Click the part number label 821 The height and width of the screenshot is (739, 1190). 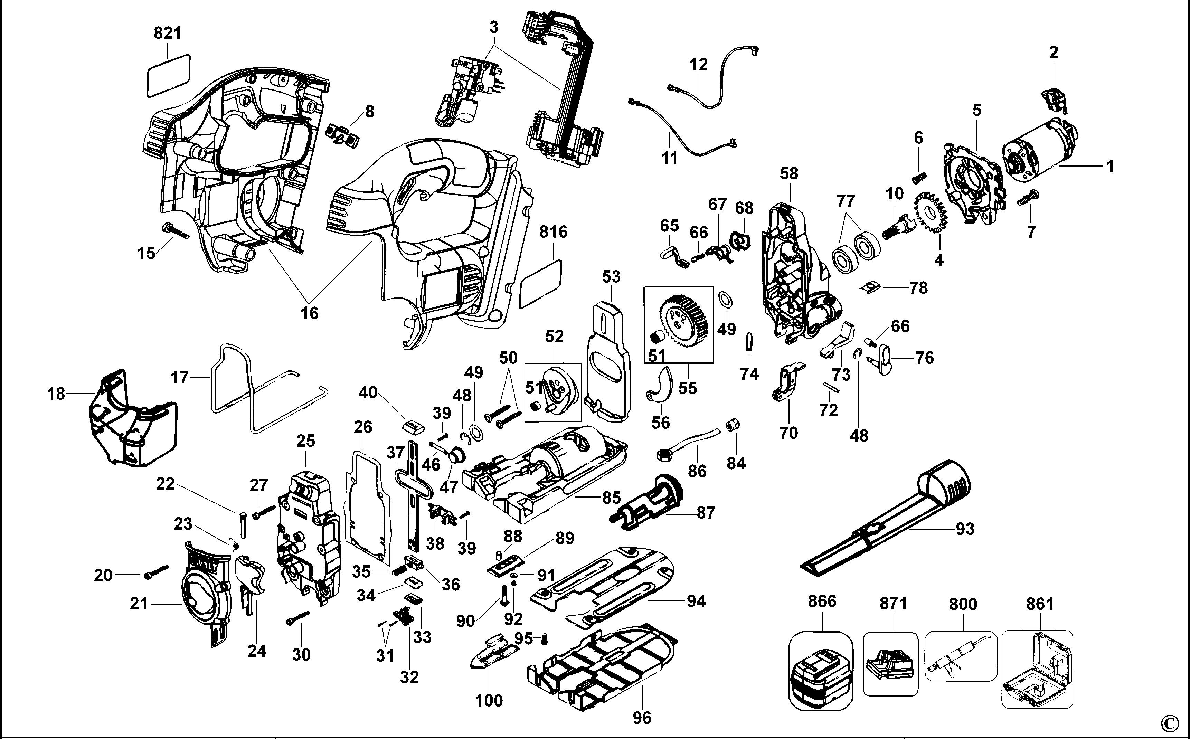167,33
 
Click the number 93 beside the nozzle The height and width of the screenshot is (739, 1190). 964,529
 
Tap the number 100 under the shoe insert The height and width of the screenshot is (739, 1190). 489,700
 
